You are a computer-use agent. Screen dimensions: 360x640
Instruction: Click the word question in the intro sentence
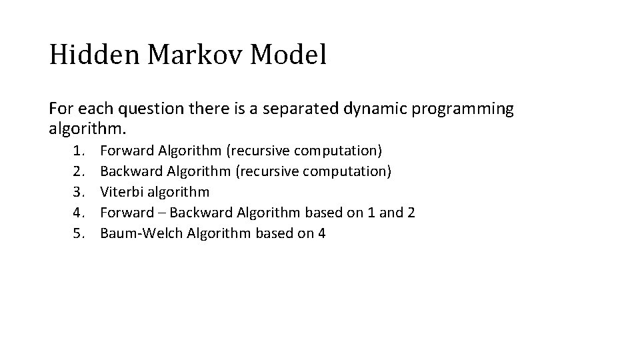(146, 109)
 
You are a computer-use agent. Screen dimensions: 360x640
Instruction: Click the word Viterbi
(120, 193)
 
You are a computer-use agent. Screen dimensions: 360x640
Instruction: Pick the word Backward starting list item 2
(131, 172)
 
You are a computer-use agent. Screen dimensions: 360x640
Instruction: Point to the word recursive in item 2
(267, 172)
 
